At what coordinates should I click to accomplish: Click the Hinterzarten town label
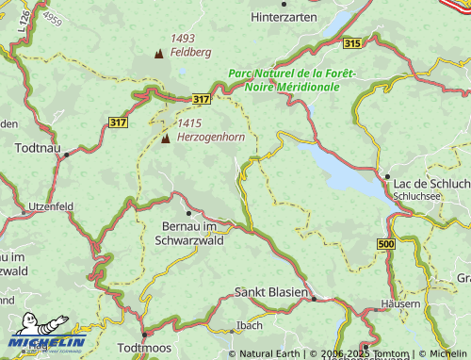point(287,17)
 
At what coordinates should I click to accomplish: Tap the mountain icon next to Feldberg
point(157,53)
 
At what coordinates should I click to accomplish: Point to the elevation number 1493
point(183,39)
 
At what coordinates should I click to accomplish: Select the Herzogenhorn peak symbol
point(166,139)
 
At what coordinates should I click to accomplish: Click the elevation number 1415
point(188,123)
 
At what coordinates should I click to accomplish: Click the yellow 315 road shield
point(352,43)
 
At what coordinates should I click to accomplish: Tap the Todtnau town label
point(39,148)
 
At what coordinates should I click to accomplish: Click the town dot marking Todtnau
point(66,155)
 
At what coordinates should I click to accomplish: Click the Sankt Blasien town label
point(271,292)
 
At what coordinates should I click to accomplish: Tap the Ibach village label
point(250,325)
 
